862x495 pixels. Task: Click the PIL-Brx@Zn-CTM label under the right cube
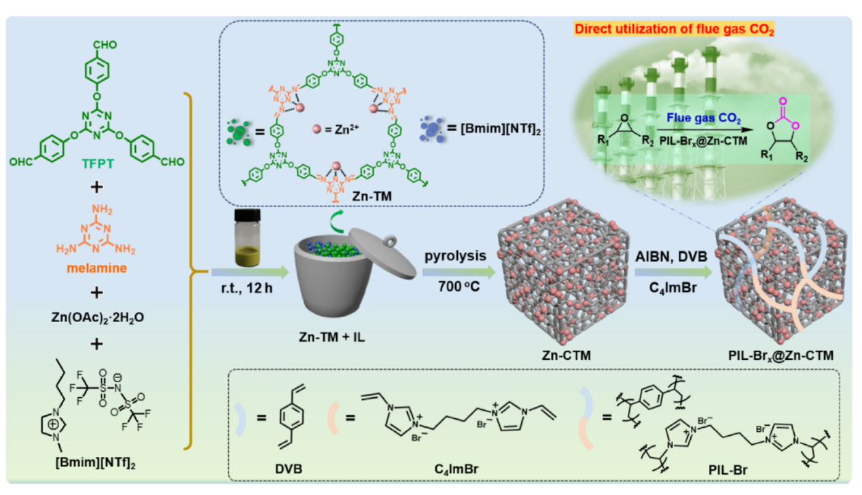776,354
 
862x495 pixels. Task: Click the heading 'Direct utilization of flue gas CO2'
675,30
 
